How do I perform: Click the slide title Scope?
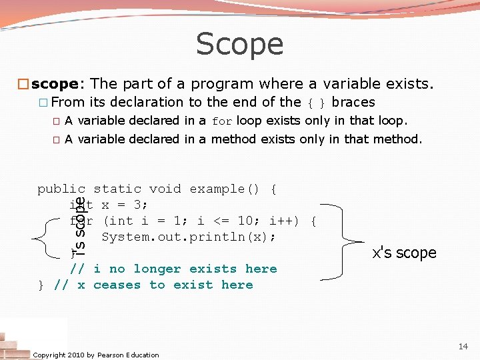click(x=239, y=45)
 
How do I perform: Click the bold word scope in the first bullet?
click(x=55, y=84)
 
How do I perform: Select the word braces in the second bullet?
click(x=353, y=102)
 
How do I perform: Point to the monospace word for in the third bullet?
click(x=222, y=121)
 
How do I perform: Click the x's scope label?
click(x=404, y=253)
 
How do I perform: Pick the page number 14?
click(x=463, y=346)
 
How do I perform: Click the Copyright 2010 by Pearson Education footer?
click(x=96, y=355)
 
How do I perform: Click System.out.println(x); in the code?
click(x=189, y=237)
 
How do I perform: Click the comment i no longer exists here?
click(x=185, y=269)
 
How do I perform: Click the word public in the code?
click(x=61, y=189)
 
